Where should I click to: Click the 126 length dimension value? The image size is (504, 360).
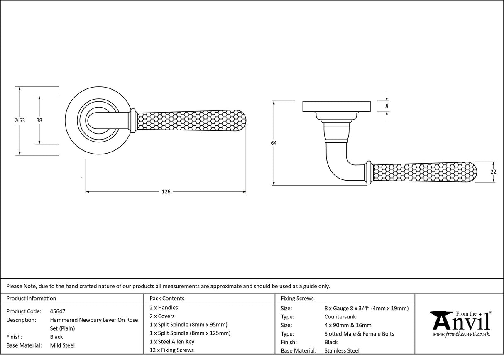pos(166,192)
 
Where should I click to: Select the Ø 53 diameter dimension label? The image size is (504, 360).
pos(20,120)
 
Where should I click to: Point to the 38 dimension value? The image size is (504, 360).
pos(39,120)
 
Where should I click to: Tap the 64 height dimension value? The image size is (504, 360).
pos(274,143)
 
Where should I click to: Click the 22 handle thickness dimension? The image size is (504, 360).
pos(493,171)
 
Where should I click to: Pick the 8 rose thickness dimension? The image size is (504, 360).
pos(387,106)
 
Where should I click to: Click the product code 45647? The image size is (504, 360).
pos(58,311)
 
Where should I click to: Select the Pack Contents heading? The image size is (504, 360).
pos(167,299)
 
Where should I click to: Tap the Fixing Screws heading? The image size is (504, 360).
pos(297,299)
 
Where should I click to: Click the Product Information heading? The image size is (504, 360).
pos(31,299)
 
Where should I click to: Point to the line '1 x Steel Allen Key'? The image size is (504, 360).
pos(172,342)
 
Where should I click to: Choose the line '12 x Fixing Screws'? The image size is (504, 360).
pos(171,350)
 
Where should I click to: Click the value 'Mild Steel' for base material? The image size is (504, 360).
pos(62,345)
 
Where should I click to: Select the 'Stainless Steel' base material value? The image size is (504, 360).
pos(342,351)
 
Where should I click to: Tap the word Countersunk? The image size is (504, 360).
pos(340,317)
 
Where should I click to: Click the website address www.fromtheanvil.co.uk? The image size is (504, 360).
pos(461,334)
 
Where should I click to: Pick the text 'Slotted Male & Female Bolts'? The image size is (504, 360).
pos(360,334)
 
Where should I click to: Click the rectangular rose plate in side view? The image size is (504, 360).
pos(336,106)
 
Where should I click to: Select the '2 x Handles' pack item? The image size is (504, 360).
pos(164,308)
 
